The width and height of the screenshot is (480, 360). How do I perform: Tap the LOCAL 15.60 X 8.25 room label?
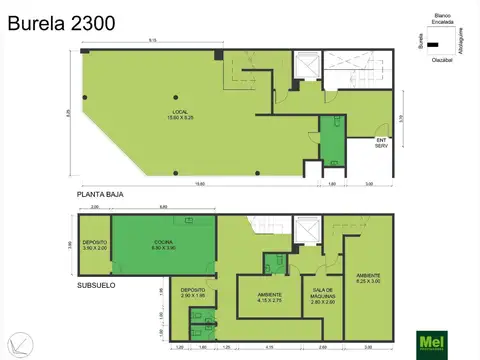[180, 114]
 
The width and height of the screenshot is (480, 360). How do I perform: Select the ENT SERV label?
[381, 143]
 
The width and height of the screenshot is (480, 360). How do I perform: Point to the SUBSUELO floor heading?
[97, 285]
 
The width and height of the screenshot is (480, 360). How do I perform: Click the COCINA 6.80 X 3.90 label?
[164, 245]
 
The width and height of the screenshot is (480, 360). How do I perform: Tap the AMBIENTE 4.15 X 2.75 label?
[268, 297]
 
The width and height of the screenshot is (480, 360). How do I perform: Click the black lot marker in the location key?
[433, 45]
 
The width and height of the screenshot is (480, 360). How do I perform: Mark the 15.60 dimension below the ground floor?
[200, 183]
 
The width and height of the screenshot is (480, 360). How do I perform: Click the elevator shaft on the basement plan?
[307, 232]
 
